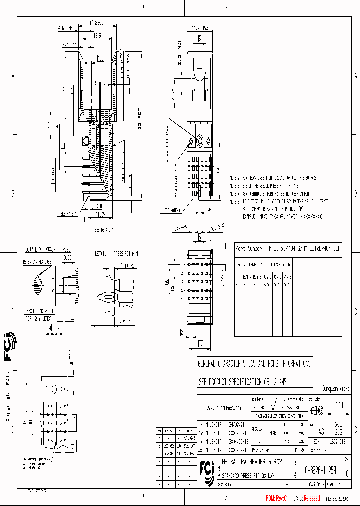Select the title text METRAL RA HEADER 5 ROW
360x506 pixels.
tap(246, 461)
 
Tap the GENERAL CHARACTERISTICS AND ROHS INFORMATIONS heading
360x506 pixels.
tap(255, 363)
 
